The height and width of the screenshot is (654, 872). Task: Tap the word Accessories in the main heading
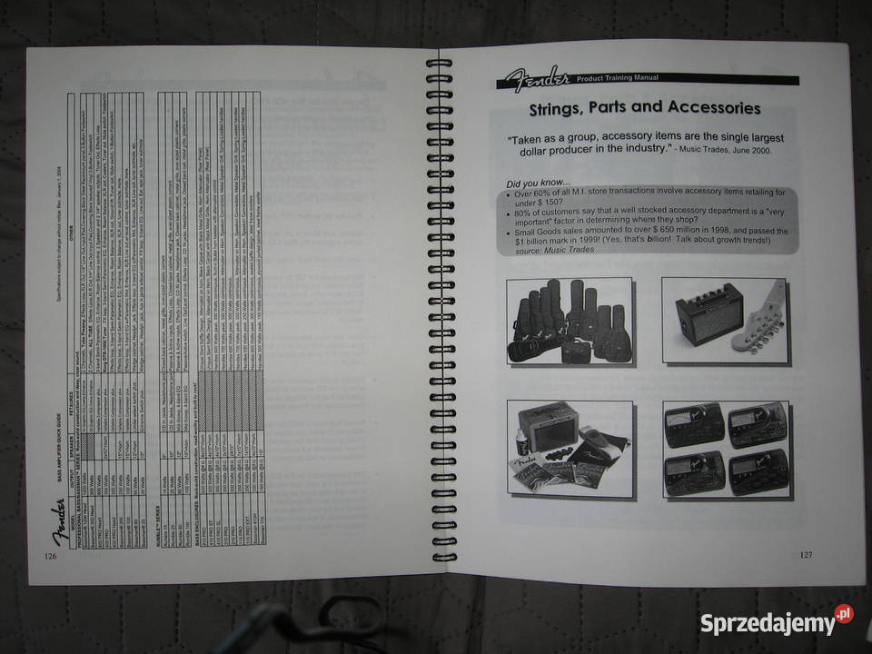point(713,108)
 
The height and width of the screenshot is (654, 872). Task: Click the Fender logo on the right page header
point(540,79)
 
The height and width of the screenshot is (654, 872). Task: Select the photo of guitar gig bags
point(569,321)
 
